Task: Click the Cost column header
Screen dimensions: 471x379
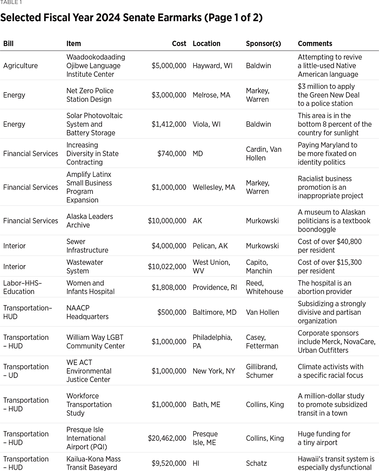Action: pyautogui.click(x=179, y=43)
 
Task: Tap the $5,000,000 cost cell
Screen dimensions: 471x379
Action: pyautogui.click(x=168, y=66)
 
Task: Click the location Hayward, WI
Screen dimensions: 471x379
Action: pyautogui.click(x=213, y=66)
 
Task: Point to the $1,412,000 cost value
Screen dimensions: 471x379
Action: pyautogui.click(x=168, y=124)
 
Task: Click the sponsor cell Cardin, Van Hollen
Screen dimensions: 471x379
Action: pyautogui.click(x=264, y=153)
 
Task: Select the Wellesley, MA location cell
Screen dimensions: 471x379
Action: pyautogui.click(x=214, y=187)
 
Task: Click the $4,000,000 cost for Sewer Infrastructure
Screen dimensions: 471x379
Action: pyautogui.click(x=168, y=246)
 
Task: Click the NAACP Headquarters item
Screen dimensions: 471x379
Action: pyautogui.click(x=87, y=312)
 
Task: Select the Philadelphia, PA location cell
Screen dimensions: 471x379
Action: pyautogui.click(x=212, y=341)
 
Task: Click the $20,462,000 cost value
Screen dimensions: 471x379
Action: pyautogui.click(x=167, y=438)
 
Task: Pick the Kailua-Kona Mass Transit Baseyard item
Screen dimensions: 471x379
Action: pyautogui.click(x=93, y=463)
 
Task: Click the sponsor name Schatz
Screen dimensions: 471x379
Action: pyautogui.click(x=256, y=463)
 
